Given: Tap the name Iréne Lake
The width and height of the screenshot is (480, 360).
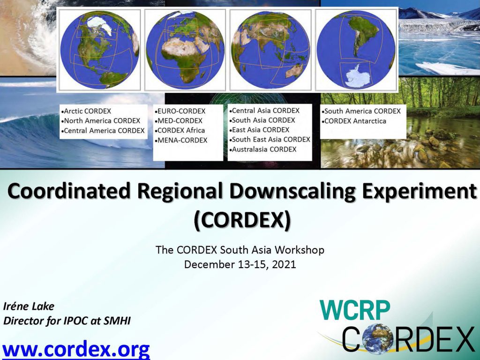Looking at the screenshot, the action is pyautogui.click(x=29, y=306).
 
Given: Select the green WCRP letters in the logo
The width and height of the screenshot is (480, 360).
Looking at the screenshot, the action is pyautogui.click(x=355, y=310).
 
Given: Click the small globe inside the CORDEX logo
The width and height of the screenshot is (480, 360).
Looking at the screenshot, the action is pyautogui.click(x=377, y=338).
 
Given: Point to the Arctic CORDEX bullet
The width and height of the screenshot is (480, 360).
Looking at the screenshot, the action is pyautogui.click(x=86, y=111).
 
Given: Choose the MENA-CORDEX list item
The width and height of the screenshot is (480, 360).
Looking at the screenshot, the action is pyautogui.click(x=181, y=140).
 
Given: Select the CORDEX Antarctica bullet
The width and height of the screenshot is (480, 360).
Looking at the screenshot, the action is pyautogui.click(x=354, y=121).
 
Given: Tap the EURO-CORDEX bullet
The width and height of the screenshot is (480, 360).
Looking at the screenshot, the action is pyautogui.click(x=180, y=111).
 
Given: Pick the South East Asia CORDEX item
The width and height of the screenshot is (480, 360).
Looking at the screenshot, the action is pyautogui.click(x=270, y=140).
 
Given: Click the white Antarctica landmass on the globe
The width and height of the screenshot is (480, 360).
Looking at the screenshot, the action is pyautogui.click(x=358, y=75).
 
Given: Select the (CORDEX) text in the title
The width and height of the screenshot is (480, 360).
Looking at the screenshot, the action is pyautogui.click(x=242, y=220).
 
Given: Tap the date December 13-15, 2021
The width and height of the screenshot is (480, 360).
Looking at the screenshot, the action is pyautogui.click(x=240, y=264).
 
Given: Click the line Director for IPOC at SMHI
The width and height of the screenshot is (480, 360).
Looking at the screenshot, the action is pyautogui.click(x=67, y=321).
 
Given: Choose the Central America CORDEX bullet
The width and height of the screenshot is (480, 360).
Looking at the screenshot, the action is pyautogui.click(x=103, y=131).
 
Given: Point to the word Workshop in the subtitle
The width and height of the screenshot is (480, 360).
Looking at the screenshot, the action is pyautogui.click(x=299, y=250).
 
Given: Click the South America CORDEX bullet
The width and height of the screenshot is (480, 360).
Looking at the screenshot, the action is pyautogui.click(x=361, y=111).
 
